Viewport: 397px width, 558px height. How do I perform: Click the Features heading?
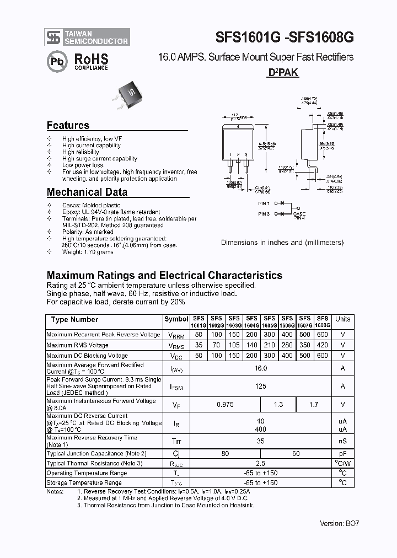coord(68,125)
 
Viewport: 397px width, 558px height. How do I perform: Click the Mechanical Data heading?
coord(87,192)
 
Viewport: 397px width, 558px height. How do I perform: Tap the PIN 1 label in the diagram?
coord(264,204)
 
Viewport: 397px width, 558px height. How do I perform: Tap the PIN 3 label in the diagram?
coord(264,214)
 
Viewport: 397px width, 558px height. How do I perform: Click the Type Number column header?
coord(74,320)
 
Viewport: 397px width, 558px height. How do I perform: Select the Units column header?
coord(342,319)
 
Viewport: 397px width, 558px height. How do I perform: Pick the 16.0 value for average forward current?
coord(260,368)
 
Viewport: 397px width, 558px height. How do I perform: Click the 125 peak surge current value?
coord(260,387)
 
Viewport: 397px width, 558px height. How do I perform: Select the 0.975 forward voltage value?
coord(225,405)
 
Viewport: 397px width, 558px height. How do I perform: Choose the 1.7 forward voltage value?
coord(314,405)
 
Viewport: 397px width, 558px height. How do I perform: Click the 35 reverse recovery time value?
coord(260,441)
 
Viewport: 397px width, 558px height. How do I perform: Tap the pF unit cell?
coord(342,454)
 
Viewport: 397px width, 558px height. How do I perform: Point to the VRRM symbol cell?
coord(176,335)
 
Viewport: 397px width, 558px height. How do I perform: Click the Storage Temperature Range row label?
coord(84,482)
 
